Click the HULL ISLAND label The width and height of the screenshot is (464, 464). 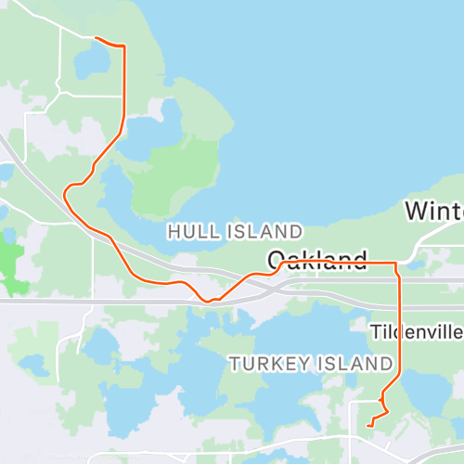[234, 230]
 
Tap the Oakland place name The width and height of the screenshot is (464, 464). [318, 260]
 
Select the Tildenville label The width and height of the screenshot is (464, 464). [416, 331]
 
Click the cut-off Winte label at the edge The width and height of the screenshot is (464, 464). [434, 212]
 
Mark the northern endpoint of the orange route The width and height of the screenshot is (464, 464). [97, 38]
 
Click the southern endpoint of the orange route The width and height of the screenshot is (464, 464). [369, 425]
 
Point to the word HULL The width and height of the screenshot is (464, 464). [188, 230]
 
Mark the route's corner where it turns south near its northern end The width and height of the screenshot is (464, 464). [123, 46]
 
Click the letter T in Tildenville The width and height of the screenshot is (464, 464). [374, 331]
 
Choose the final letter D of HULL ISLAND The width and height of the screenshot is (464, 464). [296, 230]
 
